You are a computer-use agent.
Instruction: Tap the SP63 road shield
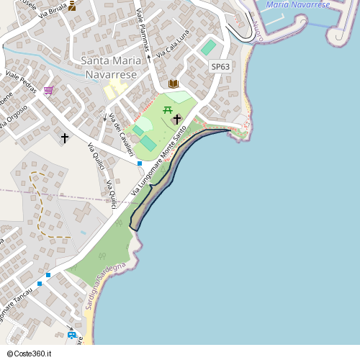click(x=220, y=66)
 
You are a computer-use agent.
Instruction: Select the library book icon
click(x=173, y=84)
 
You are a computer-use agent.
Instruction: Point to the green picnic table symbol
click(x=168, y=109)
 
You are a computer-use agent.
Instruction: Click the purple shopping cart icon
click(x=48, y=90)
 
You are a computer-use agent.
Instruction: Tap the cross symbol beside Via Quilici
click(x=65, y=137)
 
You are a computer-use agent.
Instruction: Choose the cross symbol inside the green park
click(x=176, y=119)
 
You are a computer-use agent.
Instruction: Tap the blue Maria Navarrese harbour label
click(x=297, y=5)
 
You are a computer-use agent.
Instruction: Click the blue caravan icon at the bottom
click(x=71, y=335)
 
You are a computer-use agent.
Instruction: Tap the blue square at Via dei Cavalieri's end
click(x=140, y=163)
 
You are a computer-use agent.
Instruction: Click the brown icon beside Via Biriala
click(x=72, y=6)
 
